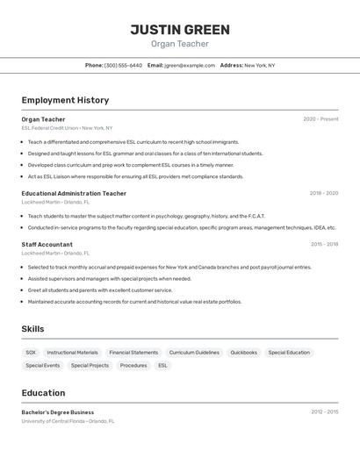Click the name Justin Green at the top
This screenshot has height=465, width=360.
pos(180,30)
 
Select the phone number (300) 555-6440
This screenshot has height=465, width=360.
pos(123,65)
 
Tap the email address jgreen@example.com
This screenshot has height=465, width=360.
pos(190,65)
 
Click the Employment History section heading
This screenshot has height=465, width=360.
pos(65,100)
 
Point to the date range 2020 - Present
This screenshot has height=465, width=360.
pos(320,119)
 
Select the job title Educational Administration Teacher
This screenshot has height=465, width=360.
pos(74,193)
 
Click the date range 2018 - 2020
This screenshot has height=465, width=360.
pos(323,193)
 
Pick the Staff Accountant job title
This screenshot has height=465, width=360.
pos(47,245)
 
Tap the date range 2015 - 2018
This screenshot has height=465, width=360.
pos(323,245)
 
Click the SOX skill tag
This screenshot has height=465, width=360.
pos(31,353)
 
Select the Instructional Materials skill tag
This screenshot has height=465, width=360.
pos(72,353)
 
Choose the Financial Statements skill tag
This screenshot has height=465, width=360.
pos(133,353)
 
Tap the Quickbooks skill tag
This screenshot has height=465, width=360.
pos(243,353)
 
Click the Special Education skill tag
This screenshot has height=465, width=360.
pos(289,353)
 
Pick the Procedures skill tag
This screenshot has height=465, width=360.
pos(133,365)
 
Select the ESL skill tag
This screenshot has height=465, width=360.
pos(162,365)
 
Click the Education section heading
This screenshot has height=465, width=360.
pos(43,393)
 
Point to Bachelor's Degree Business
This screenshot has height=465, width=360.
pos(58,412)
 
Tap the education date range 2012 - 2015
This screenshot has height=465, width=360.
pos(324,411)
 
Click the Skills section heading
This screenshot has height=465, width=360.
pos(32,329)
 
